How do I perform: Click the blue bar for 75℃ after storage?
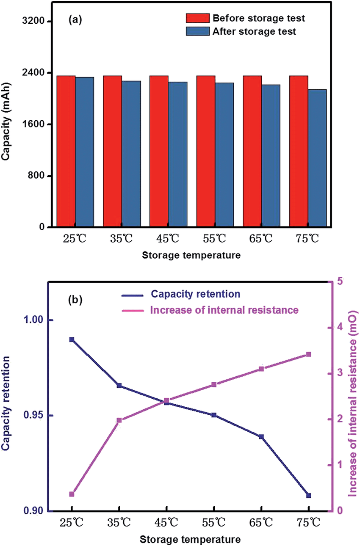point(317,158)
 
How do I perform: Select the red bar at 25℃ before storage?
point(66,152)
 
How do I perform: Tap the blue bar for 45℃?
point(177,154)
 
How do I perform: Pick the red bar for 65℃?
point(252,152)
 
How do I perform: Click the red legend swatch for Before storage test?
point(197,18)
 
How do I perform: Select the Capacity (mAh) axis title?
point(6,125)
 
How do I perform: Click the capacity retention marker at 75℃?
point(309,495)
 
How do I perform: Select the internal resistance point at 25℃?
point(72,494)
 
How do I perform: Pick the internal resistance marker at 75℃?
point(309,354)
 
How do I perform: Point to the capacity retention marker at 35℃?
point(119,386)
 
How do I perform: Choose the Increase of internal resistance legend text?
point(224,310)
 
